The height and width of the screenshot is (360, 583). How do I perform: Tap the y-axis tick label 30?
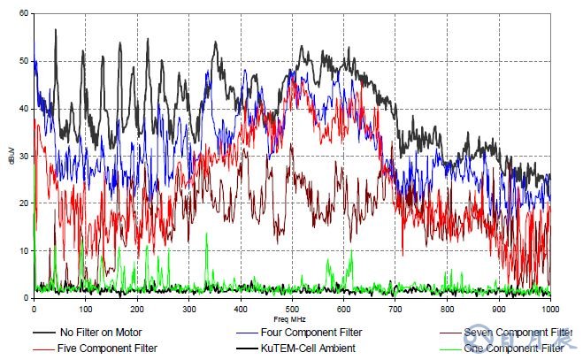(x=23, y=157)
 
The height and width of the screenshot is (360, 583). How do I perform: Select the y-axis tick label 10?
(x=23, y=251)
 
